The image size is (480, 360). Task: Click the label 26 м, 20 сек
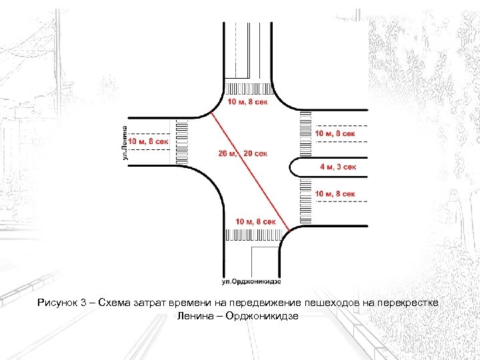(x=243, y=153)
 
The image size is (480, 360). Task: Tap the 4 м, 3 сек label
(x=338, y=167)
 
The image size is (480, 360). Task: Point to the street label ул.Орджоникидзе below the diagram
(x=251, y=281)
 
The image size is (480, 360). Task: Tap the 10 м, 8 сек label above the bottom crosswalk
(x=255, y=221)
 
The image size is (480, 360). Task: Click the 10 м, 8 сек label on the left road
(x=148, y=141)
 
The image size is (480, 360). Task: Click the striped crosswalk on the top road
(x=249, y=89)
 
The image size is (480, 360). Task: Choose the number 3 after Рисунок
(x=83, y=303)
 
